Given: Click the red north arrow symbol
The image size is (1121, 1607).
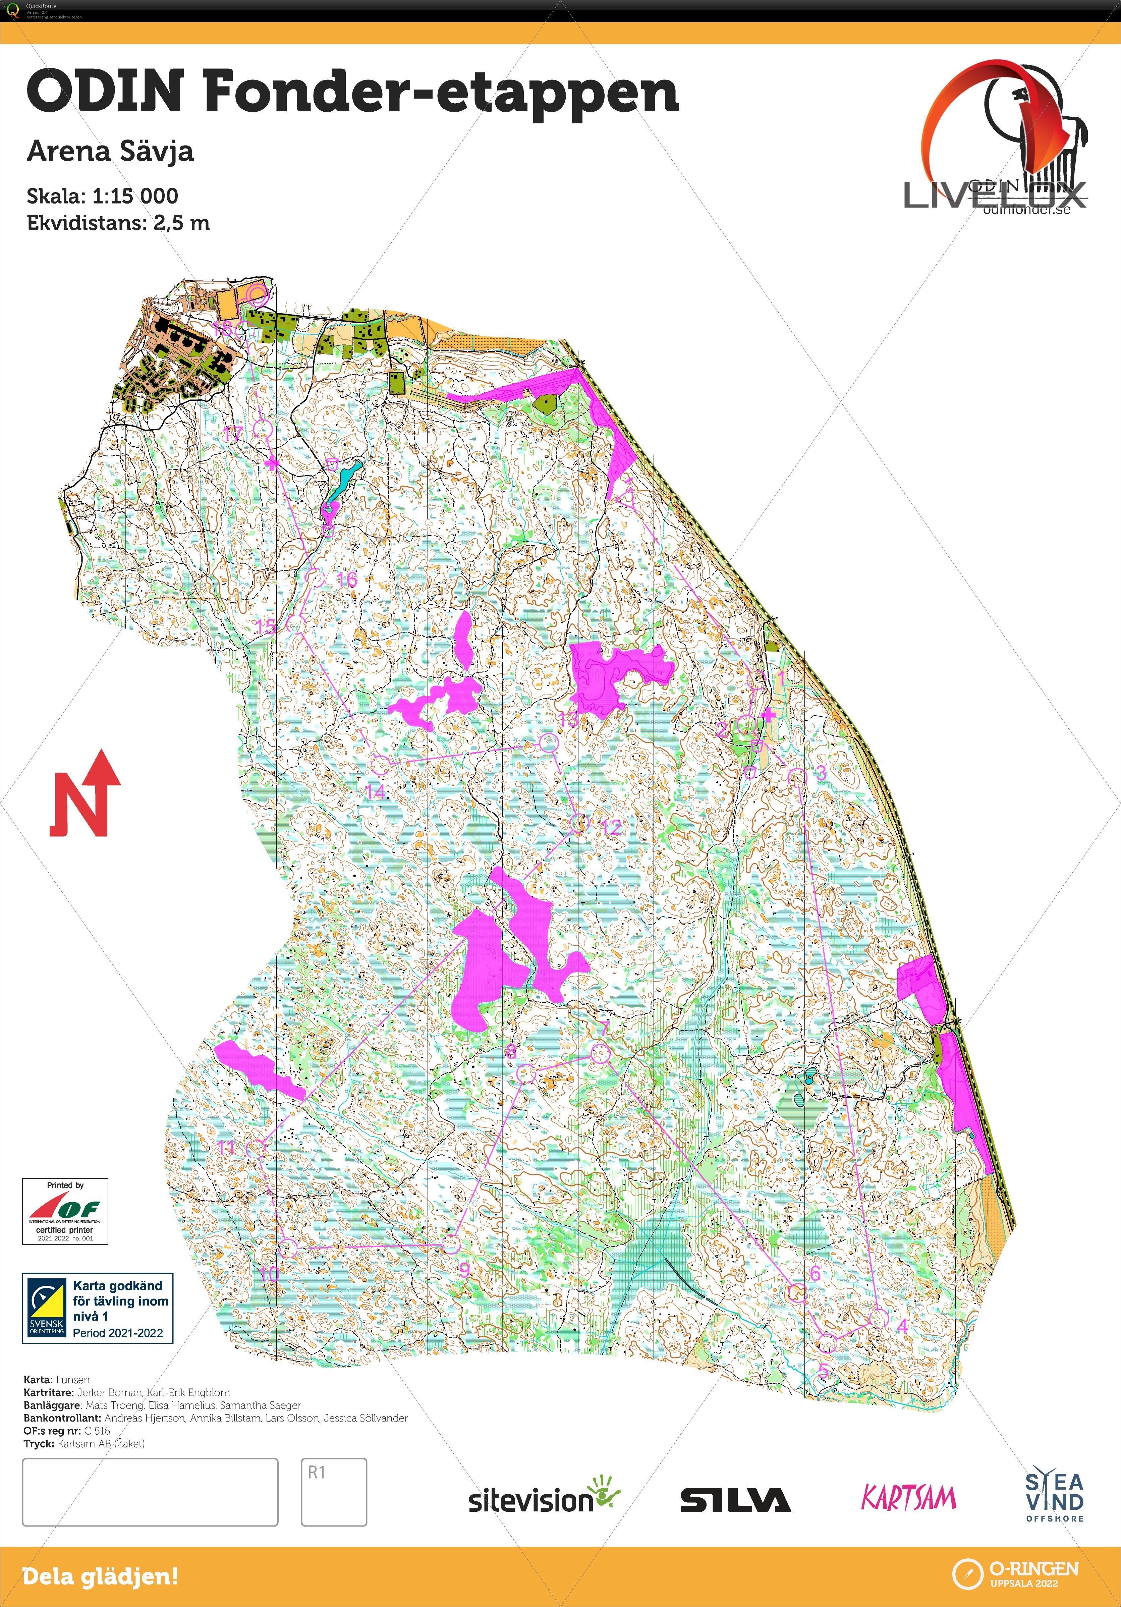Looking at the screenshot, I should (84, 794).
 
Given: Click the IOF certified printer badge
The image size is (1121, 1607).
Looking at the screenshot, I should (65, 1211).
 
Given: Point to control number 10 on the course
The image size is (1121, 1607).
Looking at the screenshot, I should (288, 1247).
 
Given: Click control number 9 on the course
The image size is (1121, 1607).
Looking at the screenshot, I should (452, 1244).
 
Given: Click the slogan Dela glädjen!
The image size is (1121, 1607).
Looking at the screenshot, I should (100, 1577).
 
